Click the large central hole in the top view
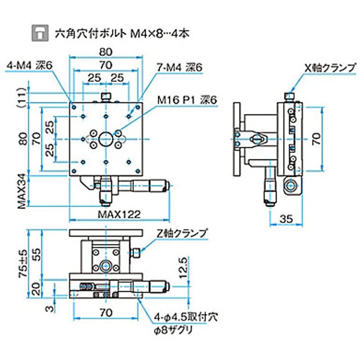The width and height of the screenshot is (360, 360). (x=106, y=138)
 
